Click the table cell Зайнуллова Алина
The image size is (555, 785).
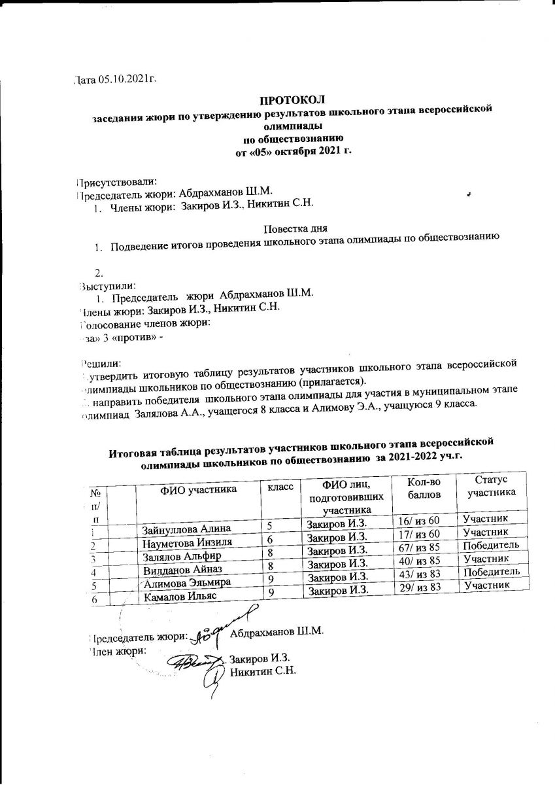coord(186,529)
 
